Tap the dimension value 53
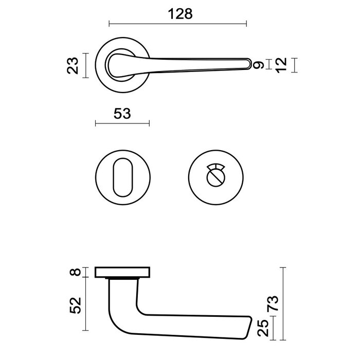click(121, 113)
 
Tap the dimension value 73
click(274, 303)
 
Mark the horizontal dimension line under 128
click(178, 23)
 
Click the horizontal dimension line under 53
click(122, 123)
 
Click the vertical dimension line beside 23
click(85, 65)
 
